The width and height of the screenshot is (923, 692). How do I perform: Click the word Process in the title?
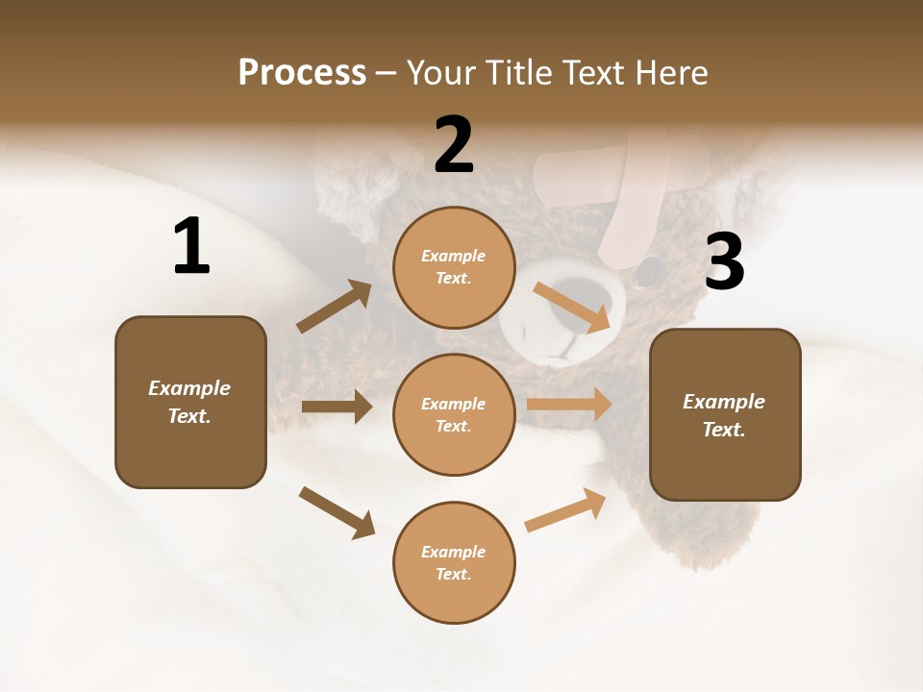click(x=302, y=73)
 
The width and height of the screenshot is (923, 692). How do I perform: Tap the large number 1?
click(x=191, y=247)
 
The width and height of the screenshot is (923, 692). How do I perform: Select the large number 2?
click(x=454, y=145)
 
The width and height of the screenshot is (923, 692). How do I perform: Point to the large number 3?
click(x=724, y=261)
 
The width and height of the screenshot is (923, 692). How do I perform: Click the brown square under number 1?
click(x=190, y=402)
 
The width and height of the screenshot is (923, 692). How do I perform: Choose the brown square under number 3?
click(x=725, y=414)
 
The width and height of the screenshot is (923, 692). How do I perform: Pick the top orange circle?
click(x=454, y=267)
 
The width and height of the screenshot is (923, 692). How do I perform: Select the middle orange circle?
click(x=454, y=414)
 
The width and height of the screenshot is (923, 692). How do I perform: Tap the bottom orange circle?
click(x=454, y=562)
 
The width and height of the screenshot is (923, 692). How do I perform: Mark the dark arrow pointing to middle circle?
click(x=337, y=407)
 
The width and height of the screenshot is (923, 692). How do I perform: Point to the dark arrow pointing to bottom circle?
click(x=337, y=512)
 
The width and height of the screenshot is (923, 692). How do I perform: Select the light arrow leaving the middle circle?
click(x=569, y=405)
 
